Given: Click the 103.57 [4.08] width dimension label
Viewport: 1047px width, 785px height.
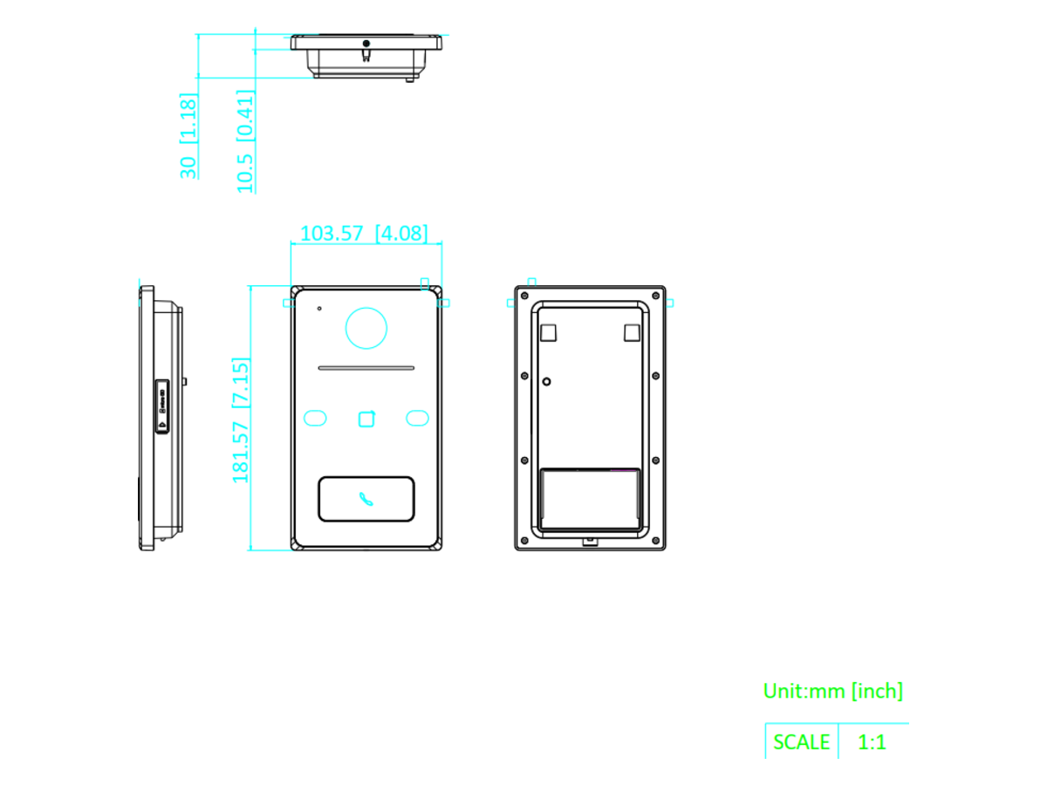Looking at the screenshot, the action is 364,233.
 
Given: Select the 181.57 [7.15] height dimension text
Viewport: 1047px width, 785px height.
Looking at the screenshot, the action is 241,420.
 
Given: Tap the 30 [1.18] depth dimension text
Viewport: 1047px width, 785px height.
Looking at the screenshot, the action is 188,136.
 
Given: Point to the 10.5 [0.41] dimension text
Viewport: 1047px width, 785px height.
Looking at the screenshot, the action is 246,141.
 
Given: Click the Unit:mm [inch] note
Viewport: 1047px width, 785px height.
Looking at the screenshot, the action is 833,691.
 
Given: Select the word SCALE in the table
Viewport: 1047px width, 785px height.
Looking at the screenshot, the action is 801,741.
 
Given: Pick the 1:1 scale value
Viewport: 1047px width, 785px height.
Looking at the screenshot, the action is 872,741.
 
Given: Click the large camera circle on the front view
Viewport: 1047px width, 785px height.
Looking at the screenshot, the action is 366,328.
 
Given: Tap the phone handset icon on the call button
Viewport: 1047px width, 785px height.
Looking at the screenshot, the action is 366,499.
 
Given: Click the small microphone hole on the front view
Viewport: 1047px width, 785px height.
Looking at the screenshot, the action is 319,309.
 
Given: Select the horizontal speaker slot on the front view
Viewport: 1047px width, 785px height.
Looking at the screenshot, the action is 366,368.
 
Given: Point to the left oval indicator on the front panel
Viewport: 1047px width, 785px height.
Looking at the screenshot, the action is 315,418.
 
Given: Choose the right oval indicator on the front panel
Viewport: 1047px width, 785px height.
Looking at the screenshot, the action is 417,418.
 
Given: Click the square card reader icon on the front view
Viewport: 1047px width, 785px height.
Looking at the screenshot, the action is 366,419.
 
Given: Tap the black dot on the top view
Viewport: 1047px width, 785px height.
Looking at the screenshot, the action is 366,44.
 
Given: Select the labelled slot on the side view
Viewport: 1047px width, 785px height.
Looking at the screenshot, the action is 162,406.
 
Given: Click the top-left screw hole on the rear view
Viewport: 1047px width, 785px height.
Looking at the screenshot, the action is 524,296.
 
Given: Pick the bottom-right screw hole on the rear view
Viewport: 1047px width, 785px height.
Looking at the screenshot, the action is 656,541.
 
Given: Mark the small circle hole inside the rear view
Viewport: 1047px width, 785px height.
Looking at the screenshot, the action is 547,381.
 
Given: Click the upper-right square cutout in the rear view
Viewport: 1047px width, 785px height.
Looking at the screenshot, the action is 632,332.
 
